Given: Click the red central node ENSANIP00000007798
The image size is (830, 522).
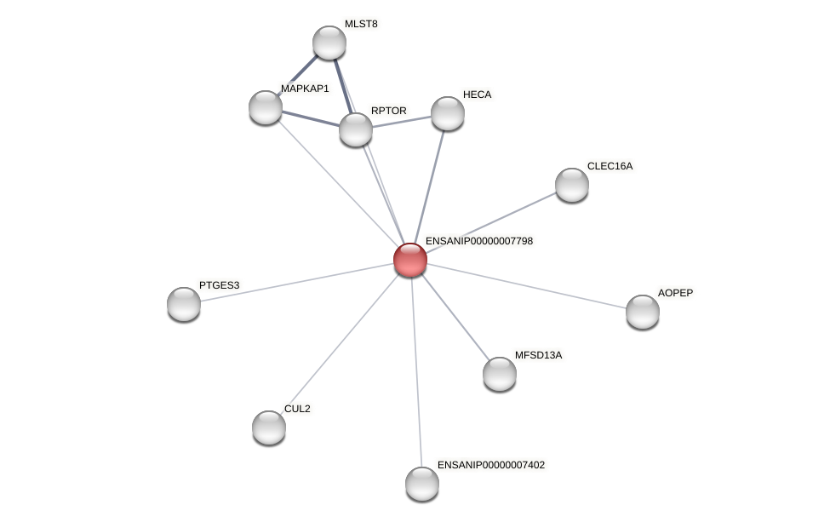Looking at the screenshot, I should pos(409,260).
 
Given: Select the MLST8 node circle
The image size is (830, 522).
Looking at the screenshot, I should pos(329,43).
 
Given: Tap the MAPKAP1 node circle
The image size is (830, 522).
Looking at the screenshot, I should pos(266,107).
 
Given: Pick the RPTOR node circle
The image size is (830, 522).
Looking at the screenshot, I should pos(356,129).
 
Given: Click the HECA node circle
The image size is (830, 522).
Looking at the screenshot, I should pos(448,113).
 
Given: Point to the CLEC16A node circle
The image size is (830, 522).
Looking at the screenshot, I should pos(572,185).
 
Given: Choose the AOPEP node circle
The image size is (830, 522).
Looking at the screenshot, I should pos(643,312).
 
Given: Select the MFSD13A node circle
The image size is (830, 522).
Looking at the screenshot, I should pos(500,374).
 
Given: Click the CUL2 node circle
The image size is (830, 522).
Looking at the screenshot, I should pos(269,427).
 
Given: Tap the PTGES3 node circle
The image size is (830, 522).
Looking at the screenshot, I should pos(184,304).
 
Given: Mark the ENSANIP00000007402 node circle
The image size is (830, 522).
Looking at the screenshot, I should pos(422,484).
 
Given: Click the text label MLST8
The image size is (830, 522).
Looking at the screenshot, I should pos(361,24).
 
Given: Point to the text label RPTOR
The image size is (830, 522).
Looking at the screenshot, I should pos(389,111).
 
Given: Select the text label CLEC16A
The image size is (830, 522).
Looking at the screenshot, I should pos(610,166).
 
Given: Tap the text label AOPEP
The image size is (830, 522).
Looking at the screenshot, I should pos(675,293).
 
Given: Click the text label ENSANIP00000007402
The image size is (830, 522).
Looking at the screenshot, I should pos(491,465).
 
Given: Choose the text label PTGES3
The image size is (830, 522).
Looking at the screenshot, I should pos(219,285).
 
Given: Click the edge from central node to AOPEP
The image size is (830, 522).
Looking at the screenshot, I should pos(528,286).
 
